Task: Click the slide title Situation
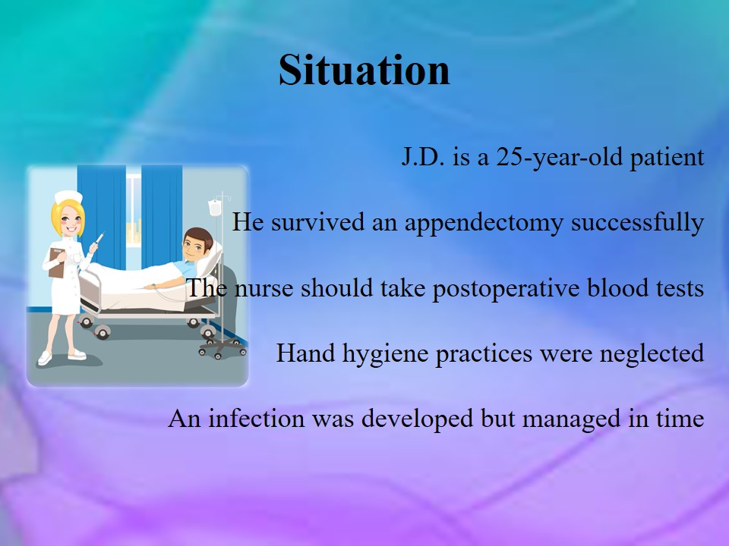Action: (364, 70)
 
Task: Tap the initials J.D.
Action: (423, 158)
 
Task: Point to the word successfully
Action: (637, 223)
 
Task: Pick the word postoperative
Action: (506, 289)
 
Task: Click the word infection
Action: (256, 419)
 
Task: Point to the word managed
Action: (572, 419)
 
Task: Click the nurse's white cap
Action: (68, 197)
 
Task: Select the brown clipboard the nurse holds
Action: (57, 263)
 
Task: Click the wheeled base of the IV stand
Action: (222, 348)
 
